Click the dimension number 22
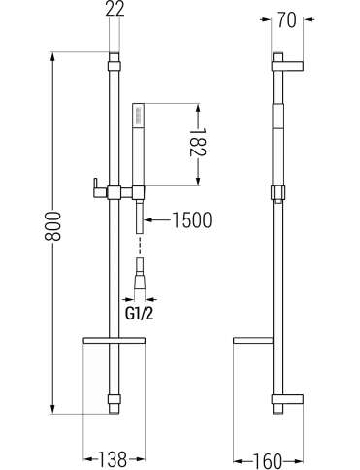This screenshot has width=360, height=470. coord(115,10)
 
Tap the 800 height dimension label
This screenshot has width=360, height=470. coord(52,226)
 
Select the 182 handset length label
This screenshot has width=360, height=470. coord(198,143)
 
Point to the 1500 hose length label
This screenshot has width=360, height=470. coord(191,220)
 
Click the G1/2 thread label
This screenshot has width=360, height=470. coord(140,314)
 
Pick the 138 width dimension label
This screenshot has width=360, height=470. coord(113,459)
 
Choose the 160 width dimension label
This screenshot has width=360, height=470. coord(267,460)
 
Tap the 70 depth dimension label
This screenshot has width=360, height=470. coord(286,19)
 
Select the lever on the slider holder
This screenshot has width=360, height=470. coord(96,187)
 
